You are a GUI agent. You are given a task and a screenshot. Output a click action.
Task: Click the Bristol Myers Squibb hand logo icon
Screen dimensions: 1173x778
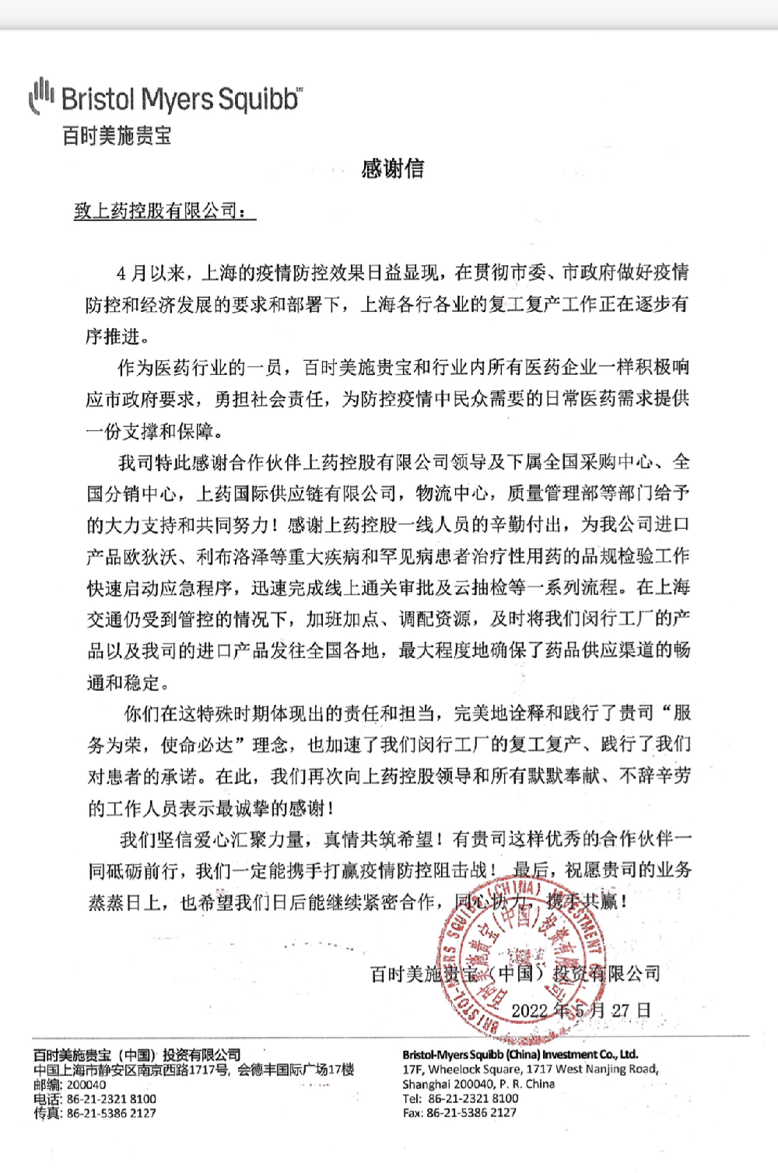click(x=41, y=96)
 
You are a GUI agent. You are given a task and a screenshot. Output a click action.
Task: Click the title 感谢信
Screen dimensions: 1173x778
click(x=392, y=169)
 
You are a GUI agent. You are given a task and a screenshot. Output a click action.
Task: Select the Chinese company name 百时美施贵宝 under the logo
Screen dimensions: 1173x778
click(x=116, y=135)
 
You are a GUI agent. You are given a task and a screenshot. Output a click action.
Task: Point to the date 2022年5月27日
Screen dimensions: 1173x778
click(x=580, y=1010)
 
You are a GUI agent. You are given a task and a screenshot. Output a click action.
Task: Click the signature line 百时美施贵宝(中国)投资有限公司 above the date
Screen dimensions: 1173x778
click(x=515, y=973)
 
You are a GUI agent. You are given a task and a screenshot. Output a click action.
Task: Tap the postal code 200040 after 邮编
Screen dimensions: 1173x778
click(x=86, y=1084)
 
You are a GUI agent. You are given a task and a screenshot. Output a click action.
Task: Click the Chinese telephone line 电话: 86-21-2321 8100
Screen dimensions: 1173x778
click(x=94, y=1098)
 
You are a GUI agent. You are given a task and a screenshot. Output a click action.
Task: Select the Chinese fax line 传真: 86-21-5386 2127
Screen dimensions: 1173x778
click(x=94, y=1113)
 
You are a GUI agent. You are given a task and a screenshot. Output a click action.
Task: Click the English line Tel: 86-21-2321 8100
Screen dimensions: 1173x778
click(x=461, y=1098)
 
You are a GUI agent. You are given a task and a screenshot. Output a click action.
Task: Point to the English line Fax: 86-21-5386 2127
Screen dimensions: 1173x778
click(x=459, y=1112)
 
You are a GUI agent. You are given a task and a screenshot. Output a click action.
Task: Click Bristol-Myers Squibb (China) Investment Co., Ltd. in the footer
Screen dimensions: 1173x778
click(x=520, y=1055)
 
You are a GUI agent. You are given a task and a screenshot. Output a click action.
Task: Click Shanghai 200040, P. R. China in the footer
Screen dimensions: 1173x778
click(x=478, y=1084)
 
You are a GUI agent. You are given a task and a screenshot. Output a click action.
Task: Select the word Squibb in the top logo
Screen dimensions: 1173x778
click(x=258, y=100)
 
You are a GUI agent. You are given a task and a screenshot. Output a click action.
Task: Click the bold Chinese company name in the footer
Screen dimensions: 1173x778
click(x=137, y=1055)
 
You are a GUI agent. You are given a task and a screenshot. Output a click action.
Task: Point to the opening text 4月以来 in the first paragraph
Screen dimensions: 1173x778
click(x=151, y=273)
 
